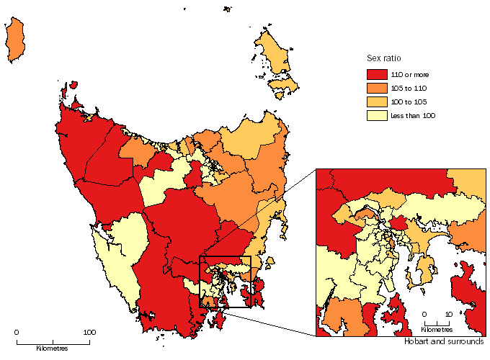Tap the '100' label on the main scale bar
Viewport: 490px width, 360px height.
point(89,333)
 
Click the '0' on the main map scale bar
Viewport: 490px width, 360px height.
point(17,333)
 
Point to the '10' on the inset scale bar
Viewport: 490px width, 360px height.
point(448,315)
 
